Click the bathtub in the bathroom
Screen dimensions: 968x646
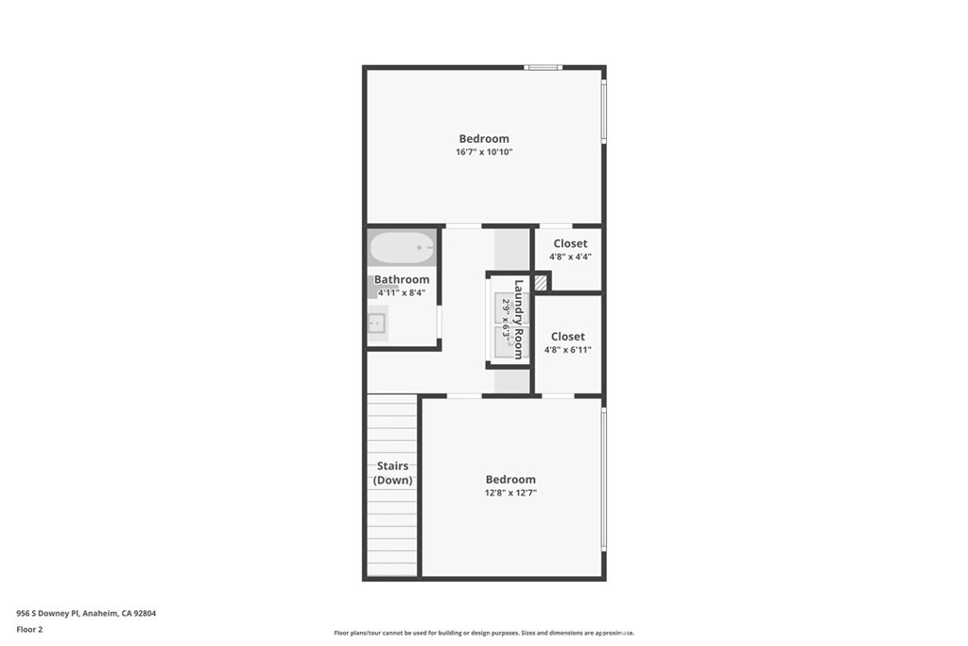click(x=403, y=248)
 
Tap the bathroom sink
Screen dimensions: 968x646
click(x=376, y=323)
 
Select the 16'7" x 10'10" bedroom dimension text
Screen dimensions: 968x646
click(x=484, y=152)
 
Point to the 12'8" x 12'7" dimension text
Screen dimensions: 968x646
click(x=510, y=493)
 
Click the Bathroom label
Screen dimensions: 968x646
click(x=402, y=279)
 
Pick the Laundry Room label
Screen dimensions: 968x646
click(x=519, y=320)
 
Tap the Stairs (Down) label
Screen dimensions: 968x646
click(x=392, y=473)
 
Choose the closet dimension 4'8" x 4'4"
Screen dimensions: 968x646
click(x=570, y=256)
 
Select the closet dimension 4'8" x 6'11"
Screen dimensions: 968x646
click(x=568, y=350)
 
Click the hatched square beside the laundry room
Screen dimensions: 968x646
click(x=541, y=282)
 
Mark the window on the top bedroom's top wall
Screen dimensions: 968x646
click(x=544, y=67)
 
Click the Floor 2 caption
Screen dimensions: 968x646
click(x=29, y=629)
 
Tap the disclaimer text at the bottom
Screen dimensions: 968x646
click(x=484, y=633)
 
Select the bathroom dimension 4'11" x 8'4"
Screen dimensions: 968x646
click(x=402, y=293)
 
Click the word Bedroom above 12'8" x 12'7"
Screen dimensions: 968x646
click(x=510, y=480)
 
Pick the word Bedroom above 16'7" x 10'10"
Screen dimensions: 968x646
click(x=484, y=138)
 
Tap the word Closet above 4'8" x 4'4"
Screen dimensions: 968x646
click(x=570, y=243)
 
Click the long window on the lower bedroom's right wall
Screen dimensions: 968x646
click(x=604, y=478)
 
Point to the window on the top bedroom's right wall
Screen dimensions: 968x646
click(x=604, y=112)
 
